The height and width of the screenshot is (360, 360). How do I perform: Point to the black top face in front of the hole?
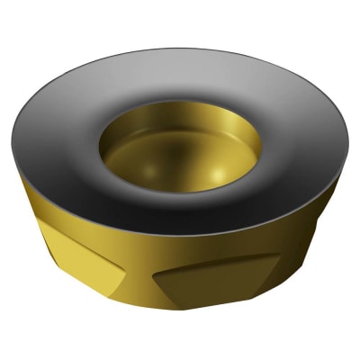[x=180, y=220]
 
